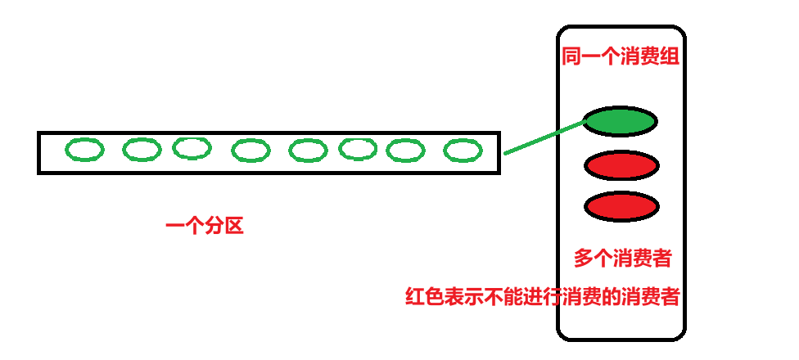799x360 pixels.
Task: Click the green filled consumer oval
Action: (621, 122)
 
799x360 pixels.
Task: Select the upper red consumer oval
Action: (621, 166)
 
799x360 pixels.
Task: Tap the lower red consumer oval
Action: (621, 206)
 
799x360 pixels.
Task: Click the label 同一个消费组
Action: (621, 57)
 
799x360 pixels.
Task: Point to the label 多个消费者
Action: (623, 259)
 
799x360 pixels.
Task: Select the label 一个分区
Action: (205, 226)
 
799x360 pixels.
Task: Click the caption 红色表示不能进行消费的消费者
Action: (543, 296)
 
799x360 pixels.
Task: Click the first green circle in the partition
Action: (85, 150)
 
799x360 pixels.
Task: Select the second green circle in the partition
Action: (142, 150)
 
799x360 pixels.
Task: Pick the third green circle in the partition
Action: (192, 148)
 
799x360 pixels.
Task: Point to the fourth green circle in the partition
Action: (251, 151)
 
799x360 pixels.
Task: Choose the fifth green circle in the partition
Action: (308, 151)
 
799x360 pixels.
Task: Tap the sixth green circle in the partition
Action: (358, 149)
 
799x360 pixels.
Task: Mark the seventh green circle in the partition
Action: (405, 151)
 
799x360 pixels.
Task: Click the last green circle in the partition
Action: (463, 151)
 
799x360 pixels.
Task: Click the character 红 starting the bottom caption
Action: (415, 296)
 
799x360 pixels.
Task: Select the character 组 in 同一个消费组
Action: (671, 57)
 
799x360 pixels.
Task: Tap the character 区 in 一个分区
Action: (234, 226)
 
